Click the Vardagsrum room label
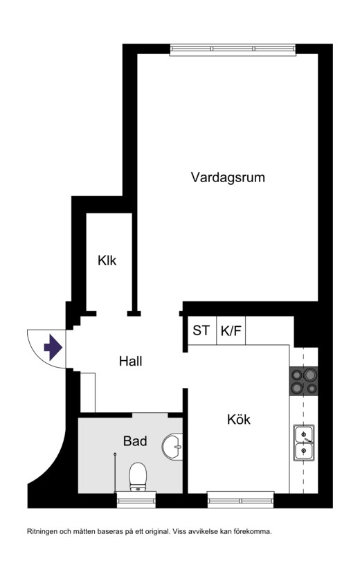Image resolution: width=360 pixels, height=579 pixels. (228, 177)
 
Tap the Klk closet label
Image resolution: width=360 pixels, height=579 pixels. (107, 260)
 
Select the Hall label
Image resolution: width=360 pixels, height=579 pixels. (130, 361)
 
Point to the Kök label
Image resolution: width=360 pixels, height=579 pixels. (239, 419)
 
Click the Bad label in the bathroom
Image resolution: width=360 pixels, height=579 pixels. (135, 441)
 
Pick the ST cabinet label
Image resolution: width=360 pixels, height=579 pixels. (201, 330)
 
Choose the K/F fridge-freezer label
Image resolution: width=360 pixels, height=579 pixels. (231, 330)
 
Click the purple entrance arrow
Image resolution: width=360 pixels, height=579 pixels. (53, 347)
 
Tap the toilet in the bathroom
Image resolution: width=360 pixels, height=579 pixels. (138, 477)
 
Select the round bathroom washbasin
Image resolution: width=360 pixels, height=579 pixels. (172, 447)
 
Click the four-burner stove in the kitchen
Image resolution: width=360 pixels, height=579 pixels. (303, 381)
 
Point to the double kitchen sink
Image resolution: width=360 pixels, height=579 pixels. (304, 443)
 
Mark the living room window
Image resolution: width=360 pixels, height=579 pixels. (233, 49)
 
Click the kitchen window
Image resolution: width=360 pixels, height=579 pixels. (240, 499)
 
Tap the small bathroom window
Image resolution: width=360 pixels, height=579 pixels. (136, 499)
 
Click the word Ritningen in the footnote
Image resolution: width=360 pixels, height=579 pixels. (42, 532)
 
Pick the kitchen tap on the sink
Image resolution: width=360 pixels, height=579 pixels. (307, 440)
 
